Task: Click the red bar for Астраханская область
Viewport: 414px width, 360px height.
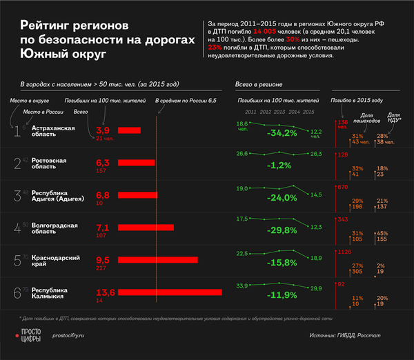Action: point(128,130)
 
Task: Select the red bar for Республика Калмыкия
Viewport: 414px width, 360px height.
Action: point(170,293)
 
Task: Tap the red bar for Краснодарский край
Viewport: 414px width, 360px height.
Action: point(158,260)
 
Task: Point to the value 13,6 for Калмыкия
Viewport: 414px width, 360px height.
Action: point(105,292)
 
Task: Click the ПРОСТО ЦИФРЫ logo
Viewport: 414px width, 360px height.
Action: point(29,335)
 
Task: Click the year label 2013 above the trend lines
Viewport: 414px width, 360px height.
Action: point(278,111)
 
